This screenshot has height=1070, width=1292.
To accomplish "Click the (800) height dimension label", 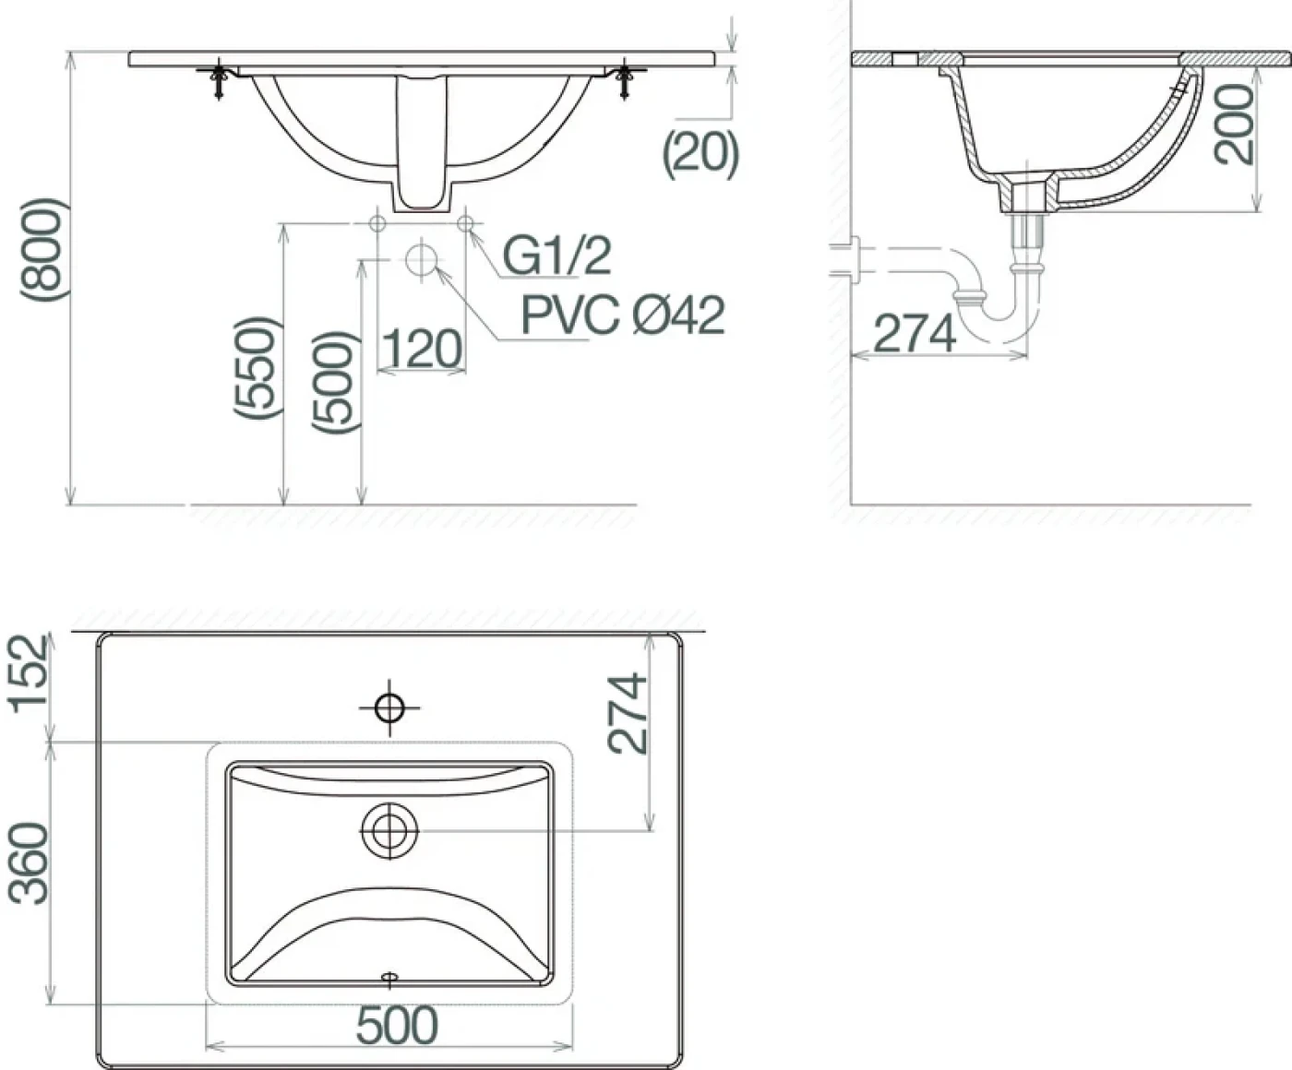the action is coord(42,250).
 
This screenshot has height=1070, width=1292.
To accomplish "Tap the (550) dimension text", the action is coord(255,368).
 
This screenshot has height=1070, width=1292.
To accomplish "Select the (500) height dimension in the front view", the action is coord(335,382).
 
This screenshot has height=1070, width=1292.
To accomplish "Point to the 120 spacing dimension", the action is coord(423,349).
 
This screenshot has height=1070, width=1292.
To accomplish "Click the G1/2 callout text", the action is coord(556,256).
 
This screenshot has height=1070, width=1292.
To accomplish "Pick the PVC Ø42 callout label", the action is coord(623,315).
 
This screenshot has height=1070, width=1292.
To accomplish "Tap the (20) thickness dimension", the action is coord(701,155).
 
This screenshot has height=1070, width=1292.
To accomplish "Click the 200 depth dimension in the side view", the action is coord(1233,125).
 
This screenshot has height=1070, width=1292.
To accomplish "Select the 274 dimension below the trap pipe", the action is coord(915,333).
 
